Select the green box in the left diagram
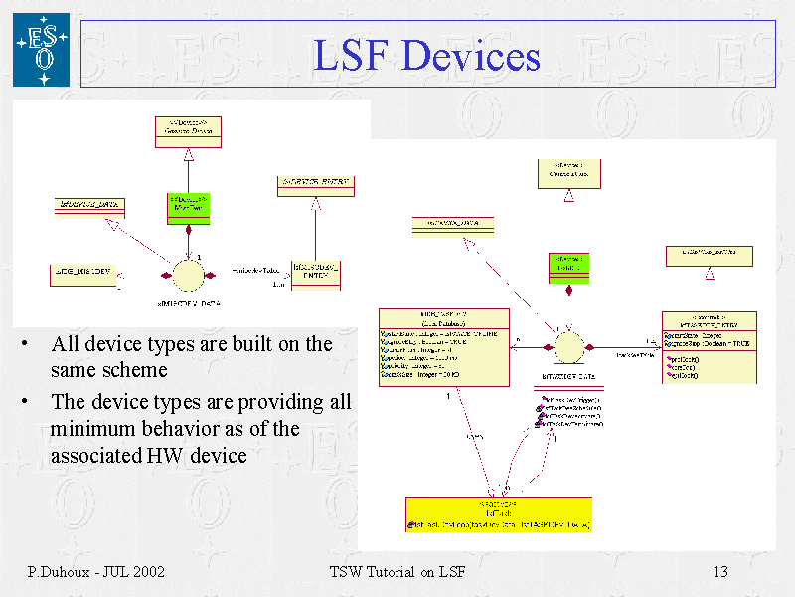[x=188, y=207]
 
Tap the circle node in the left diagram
[x=188, y=274]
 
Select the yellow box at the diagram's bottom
[x=499, y=514]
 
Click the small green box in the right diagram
[x=568, y=266]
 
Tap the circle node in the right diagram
[x=568, y=347]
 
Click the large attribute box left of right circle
[x=444, y=346]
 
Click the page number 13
[x=720, y=572]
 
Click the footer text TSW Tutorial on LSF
[x=397, y=572]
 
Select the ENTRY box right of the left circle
[x=315, y=272]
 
